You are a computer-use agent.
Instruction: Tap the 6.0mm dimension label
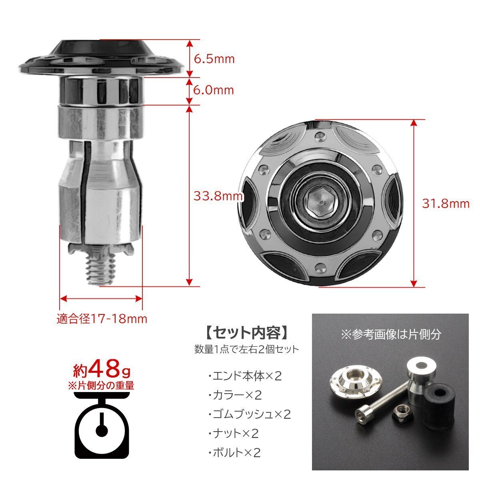(x=214, y=90)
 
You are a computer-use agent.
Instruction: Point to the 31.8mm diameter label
(x=446, y=204)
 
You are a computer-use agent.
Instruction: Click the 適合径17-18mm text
(x=102, y=319)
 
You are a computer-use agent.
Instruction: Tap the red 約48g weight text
(x=101, y=371)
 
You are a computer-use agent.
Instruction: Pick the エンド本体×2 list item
(x=245, y=376)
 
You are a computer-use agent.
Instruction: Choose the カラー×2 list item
(x=235, y=395)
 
